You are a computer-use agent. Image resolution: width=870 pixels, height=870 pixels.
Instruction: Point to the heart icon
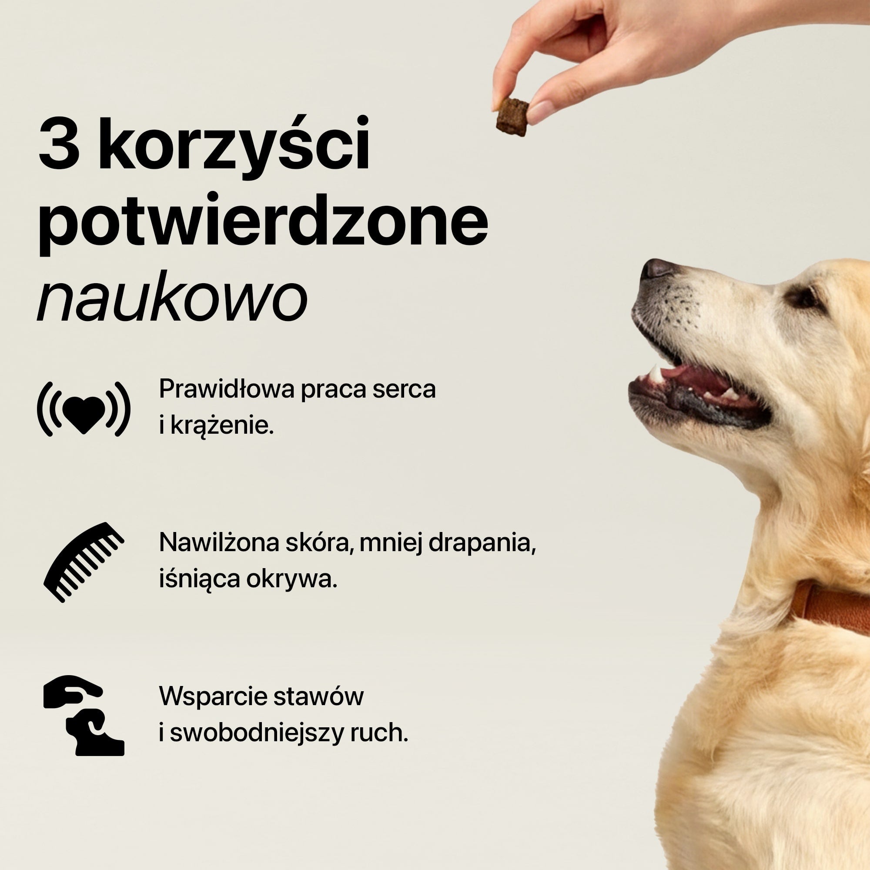(84, 409)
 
